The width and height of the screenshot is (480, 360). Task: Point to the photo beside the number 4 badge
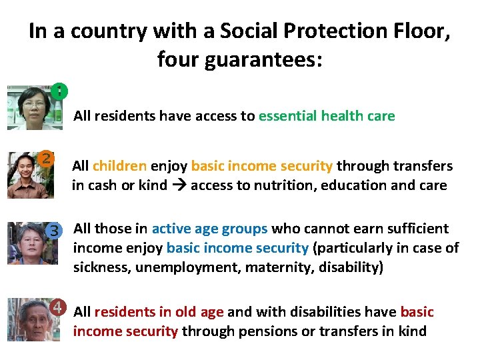tap(29, 319)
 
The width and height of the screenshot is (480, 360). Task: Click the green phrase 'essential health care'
tap(327, 116)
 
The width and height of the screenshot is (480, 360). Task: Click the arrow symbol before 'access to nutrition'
tap(179, 185)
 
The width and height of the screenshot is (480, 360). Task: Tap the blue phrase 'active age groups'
tap(209, 229)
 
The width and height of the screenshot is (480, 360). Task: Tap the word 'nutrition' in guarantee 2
tap(282, 185)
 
